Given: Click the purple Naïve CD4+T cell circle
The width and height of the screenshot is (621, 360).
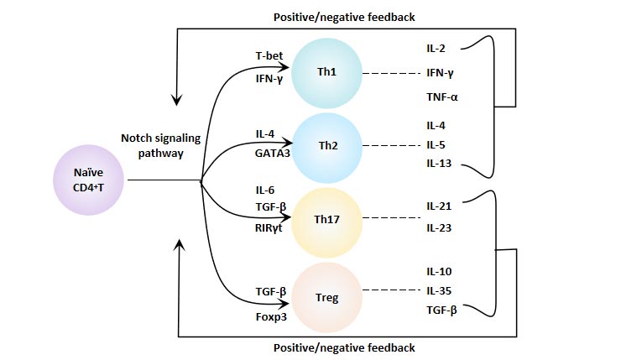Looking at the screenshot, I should pyautogui.click(x=88, y=180).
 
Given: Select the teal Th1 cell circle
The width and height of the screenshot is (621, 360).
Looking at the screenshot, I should pyautogui.click(x=327, y=72).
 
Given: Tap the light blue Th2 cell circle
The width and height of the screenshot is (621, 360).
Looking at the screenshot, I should pyautogui.click(x=327, y=144).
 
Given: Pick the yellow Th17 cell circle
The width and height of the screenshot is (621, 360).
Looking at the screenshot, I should pyautogui.click(x=327, y=220).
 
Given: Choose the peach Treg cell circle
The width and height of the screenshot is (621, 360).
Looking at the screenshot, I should pyautogui.click(x=327, y=295).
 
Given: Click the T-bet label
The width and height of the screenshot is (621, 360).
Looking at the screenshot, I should pyautogui.click(x=269, y=56).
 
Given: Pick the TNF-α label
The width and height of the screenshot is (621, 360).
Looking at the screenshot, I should pyautogui.click(x=442, y=97).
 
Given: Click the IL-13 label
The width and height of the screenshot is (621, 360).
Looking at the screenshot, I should pyautogui.click(x=439, y=163).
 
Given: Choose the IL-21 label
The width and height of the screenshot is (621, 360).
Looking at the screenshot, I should pyautogui.click(x=439, y=205).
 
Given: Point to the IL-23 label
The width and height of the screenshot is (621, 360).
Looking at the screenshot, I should pyautogui.click(x=439, y=227).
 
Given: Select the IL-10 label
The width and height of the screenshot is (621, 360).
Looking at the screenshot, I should pyautogui.click(x=439, y=272).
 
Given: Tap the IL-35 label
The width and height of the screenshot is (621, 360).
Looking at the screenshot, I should pyautogui.click(x=439, y=290).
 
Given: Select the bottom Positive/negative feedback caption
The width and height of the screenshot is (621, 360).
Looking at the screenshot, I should pyautogui.click(x=345, y=347).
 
